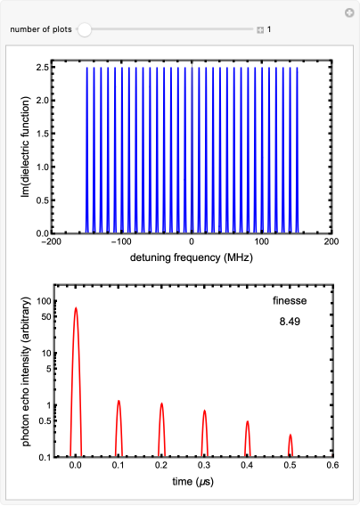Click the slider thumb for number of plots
[84, 29]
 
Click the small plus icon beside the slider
[260, 30]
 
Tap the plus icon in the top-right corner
[348, 12]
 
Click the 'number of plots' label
[40, 29]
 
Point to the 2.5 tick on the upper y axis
[42, 67]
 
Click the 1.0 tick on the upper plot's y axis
[42, 167]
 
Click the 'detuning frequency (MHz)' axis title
[192, 258]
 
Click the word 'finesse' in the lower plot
[290, 301]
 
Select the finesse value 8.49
[290, 319]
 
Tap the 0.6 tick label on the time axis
[332, 465]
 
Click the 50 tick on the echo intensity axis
[45, 315]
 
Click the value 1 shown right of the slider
[270, 30]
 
